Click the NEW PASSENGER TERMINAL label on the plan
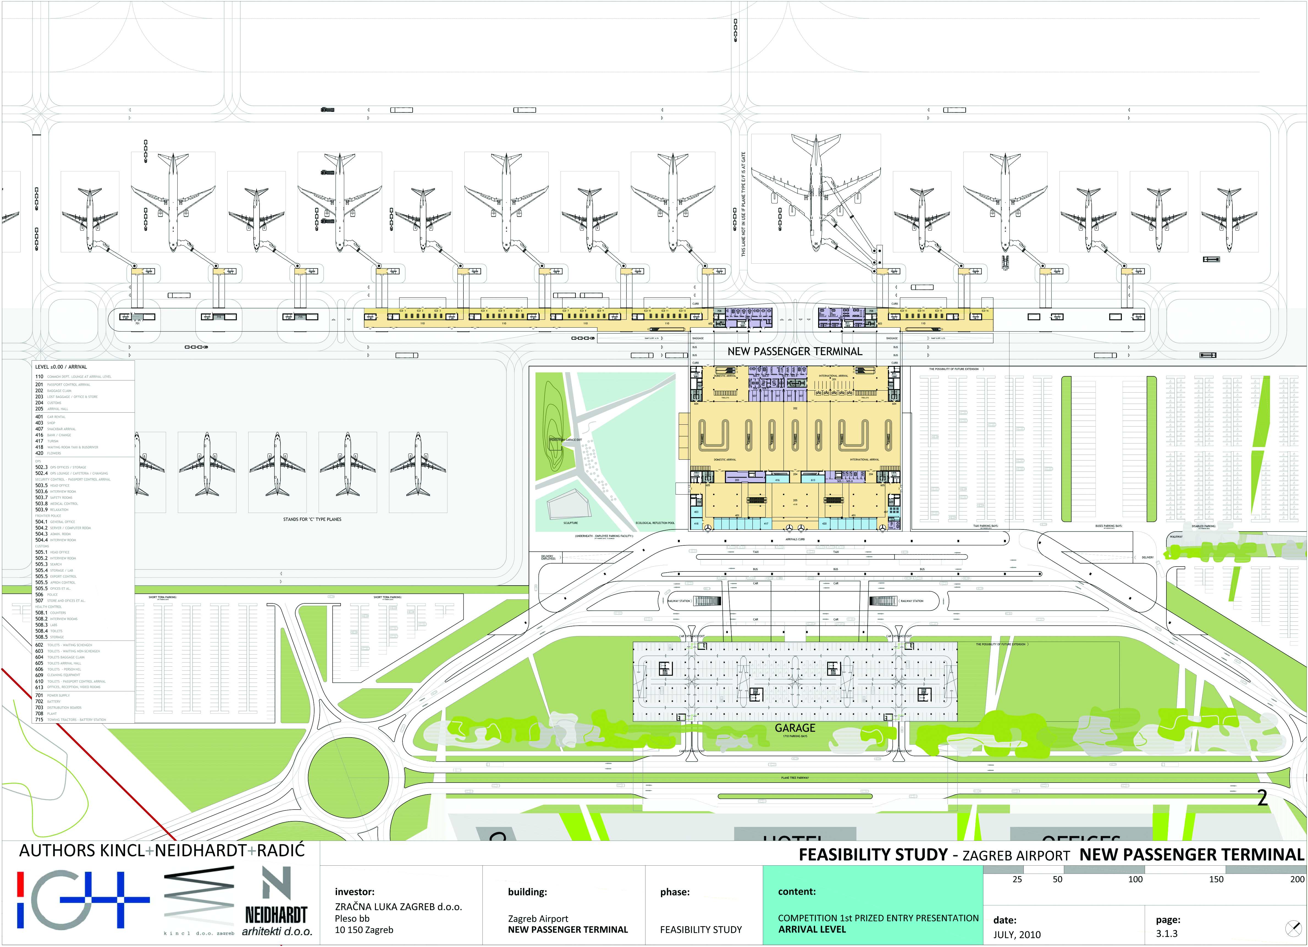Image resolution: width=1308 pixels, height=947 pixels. tap(795, 351)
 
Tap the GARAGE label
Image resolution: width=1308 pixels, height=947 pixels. tap(795, 728)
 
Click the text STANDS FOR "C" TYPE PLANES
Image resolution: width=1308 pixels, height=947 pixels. tap(312, 519)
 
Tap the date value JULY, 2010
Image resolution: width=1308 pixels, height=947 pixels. tap(1017, 934)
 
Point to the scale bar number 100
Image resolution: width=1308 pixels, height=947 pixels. tap(1135, 879)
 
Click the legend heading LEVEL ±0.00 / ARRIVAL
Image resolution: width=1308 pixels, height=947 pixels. tap(61, 367)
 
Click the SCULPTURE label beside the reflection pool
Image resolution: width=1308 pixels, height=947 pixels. tap(570, 523)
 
